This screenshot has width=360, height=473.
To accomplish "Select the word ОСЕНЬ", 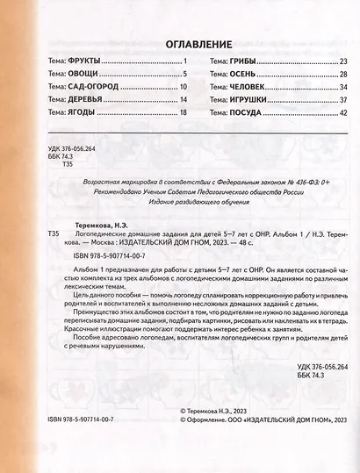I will pyautogui.click(x=244, y=74).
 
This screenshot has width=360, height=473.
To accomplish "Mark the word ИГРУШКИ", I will pyautogui.click(x=250, y=100).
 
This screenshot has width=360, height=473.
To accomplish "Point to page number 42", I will pyautogui.click(x=343, y=113).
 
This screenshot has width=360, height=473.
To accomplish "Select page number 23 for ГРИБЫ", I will pyautogui.click(x=343, y=61).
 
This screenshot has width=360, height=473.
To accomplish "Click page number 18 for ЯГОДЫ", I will pyautogui.click(x=184, y=113).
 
